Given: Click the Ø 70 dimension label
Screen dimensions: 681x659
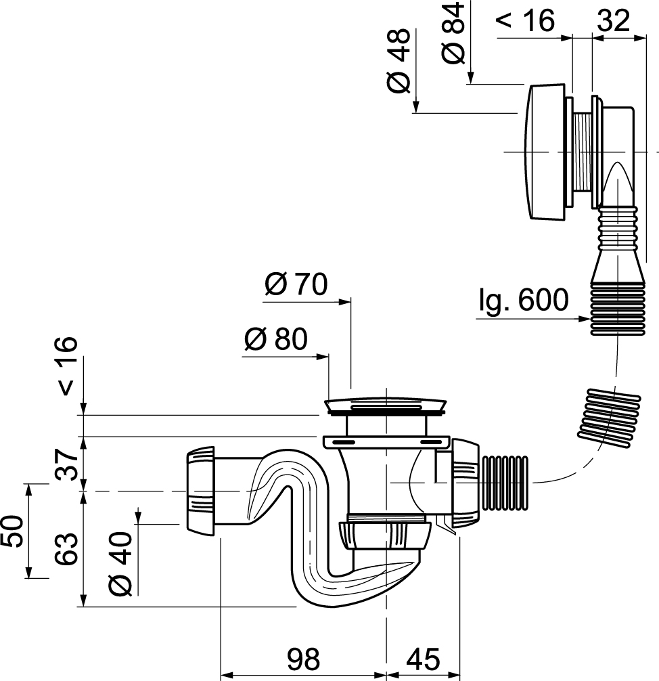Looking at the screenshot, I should coord(296,285).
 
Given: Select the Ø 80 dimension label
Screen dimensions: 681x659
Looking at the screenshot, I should coord(275,339).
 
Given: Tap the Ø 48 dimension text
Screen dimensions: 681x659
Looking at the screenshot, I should coord(399,62).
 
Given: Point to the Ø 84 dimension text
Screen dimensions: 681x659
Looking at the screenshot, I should coord(454,32).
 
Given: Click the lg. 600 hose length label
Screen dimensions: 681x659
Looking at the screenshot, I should coord(523,300).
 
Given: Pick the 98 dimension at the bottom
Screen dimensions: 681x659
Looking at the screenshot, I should coord(302,659).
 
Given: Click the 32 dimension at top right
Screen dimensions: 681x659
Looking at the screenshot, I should coord(613,21).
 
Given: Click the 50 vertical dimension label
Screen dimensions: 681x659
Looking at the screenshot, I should coord(14,531).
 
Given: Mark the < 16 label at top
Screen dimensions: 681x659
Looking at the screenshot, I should coord(525,21).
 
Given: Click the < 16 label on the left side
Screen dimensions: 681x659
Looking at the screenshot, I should coord(66,366).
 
